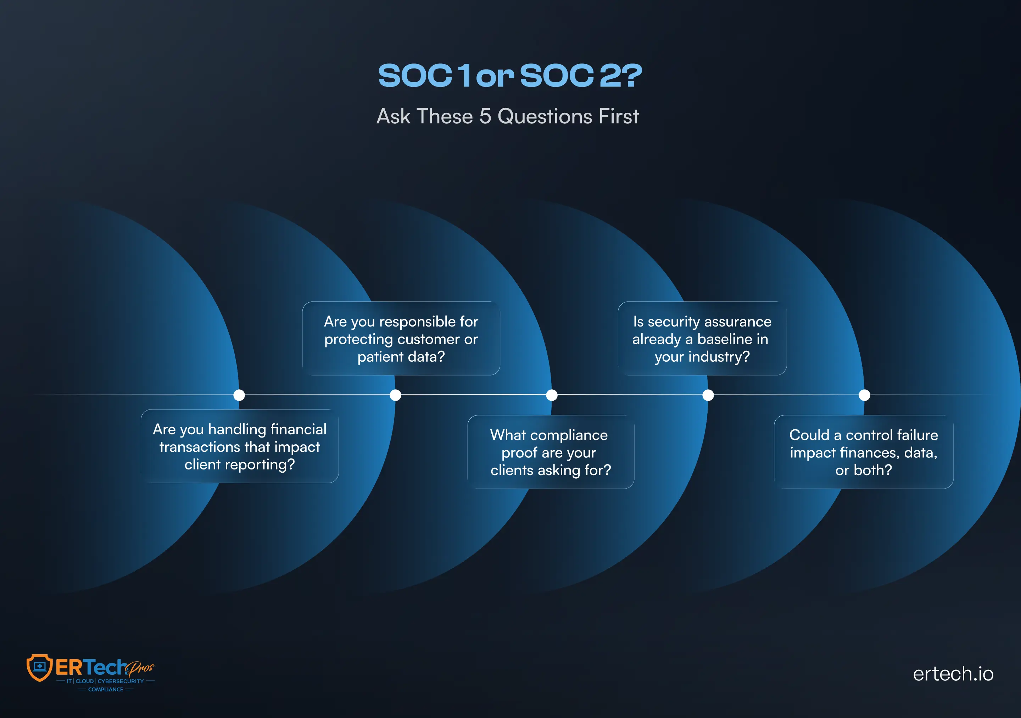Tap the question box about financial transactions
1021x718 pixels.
click(240, 446)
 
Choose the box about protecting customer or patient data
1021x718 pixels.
click(401, 339)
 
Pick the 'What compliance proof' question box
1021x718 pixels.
click(551, 452)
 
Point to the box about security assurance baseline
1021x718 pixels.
click(702, 339)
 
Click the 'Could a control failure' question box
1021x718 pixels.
click(864, 452)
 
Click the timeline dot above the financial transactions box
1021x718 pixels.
click(239, 395)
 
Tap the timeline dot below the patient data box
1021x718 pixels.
click(395, 395)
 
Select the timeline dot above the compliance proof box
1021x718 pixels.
click(552, 395)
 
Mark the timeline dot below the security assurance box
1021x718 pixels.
click(708, 395)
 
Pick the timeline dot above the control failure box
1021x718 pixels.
click(864, 395)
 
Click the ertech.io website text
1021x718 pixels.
click(953, 674)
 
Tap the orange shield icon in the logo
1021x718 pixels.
click(40, 668)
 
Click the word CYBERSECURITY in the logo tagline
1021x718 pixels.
click(121, 681)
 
